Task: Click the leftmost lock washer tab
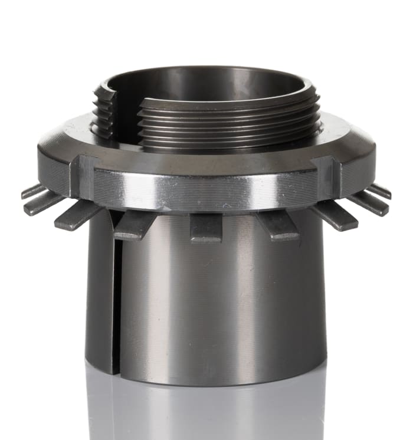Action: (32, 191)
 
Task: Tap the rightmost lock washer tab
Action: (380, 191)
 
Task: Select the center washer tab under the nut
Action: (206, 228)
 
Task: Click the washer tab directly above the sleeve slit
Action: (135, 225)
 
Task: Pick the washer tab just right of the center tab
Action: (277, 225)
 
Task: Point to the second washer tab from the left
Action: (44, 202)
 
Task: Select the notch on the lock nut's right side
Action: (326, 175)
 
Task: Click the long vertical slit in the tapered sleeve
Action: (116, 295)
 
